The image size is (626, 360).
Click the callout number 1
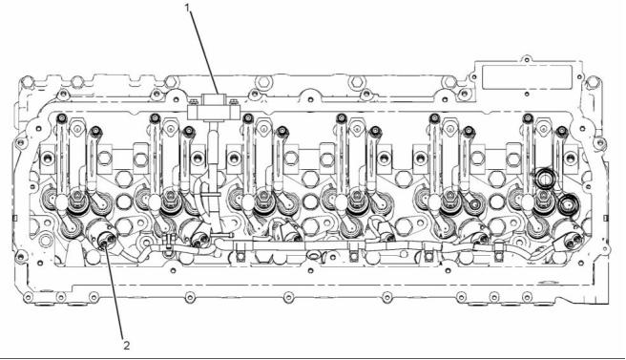point(189,7)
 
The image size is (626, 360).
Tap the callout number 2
point(126,346)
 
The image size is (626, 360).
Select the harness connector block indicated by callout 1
point(213,107)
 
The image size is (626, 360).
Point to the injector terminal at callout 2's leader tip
point(107,241)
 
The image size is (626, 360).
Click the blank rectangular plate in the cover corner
point(527,77)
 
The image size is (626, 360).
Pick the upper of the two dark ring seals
point(545,179)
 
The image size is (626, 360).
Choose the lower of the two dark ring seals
point(567,204)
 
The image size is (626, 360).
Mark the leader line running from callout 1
point(204,53)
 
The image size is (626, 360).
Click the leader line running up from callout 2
point(116,293)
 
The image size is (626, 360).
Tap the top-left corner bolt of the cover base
point(27,82)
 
